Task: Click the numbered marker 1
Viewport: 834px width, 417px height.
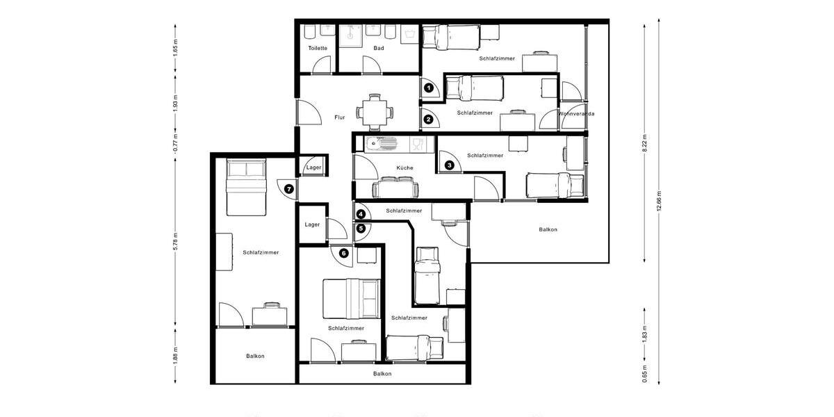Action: point(429,88)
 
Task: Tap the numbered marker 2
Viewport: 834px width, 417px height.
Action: point(429,120)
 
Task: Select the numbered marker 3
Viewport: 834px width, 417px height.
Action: point(450,165)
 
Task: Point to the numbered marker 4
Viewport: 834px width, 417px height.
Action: point(361,214)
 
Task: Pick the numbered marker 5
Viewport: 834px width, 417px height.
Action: point(361,227)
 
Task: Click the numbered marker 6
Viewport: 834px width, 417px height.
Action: point(343,254)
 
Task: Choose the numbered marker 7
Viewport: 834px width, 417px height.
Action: point(289,188)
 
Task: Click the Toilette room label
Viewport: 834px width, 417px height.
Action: point(318,48)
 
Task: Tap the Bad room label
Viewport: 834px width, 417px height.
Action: point(379,48)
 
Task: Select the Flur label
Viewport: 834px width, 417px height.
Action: point(339,117)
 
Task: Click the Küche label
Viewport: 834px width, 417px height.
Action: point(404,168)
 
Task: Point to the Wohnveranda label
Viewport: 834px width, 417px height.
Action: point(576,113)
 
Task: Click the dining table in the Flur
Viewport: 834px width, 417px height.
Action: point(375,111)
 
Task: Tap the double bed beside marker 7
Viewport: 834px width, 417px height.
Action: point(245,187)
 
